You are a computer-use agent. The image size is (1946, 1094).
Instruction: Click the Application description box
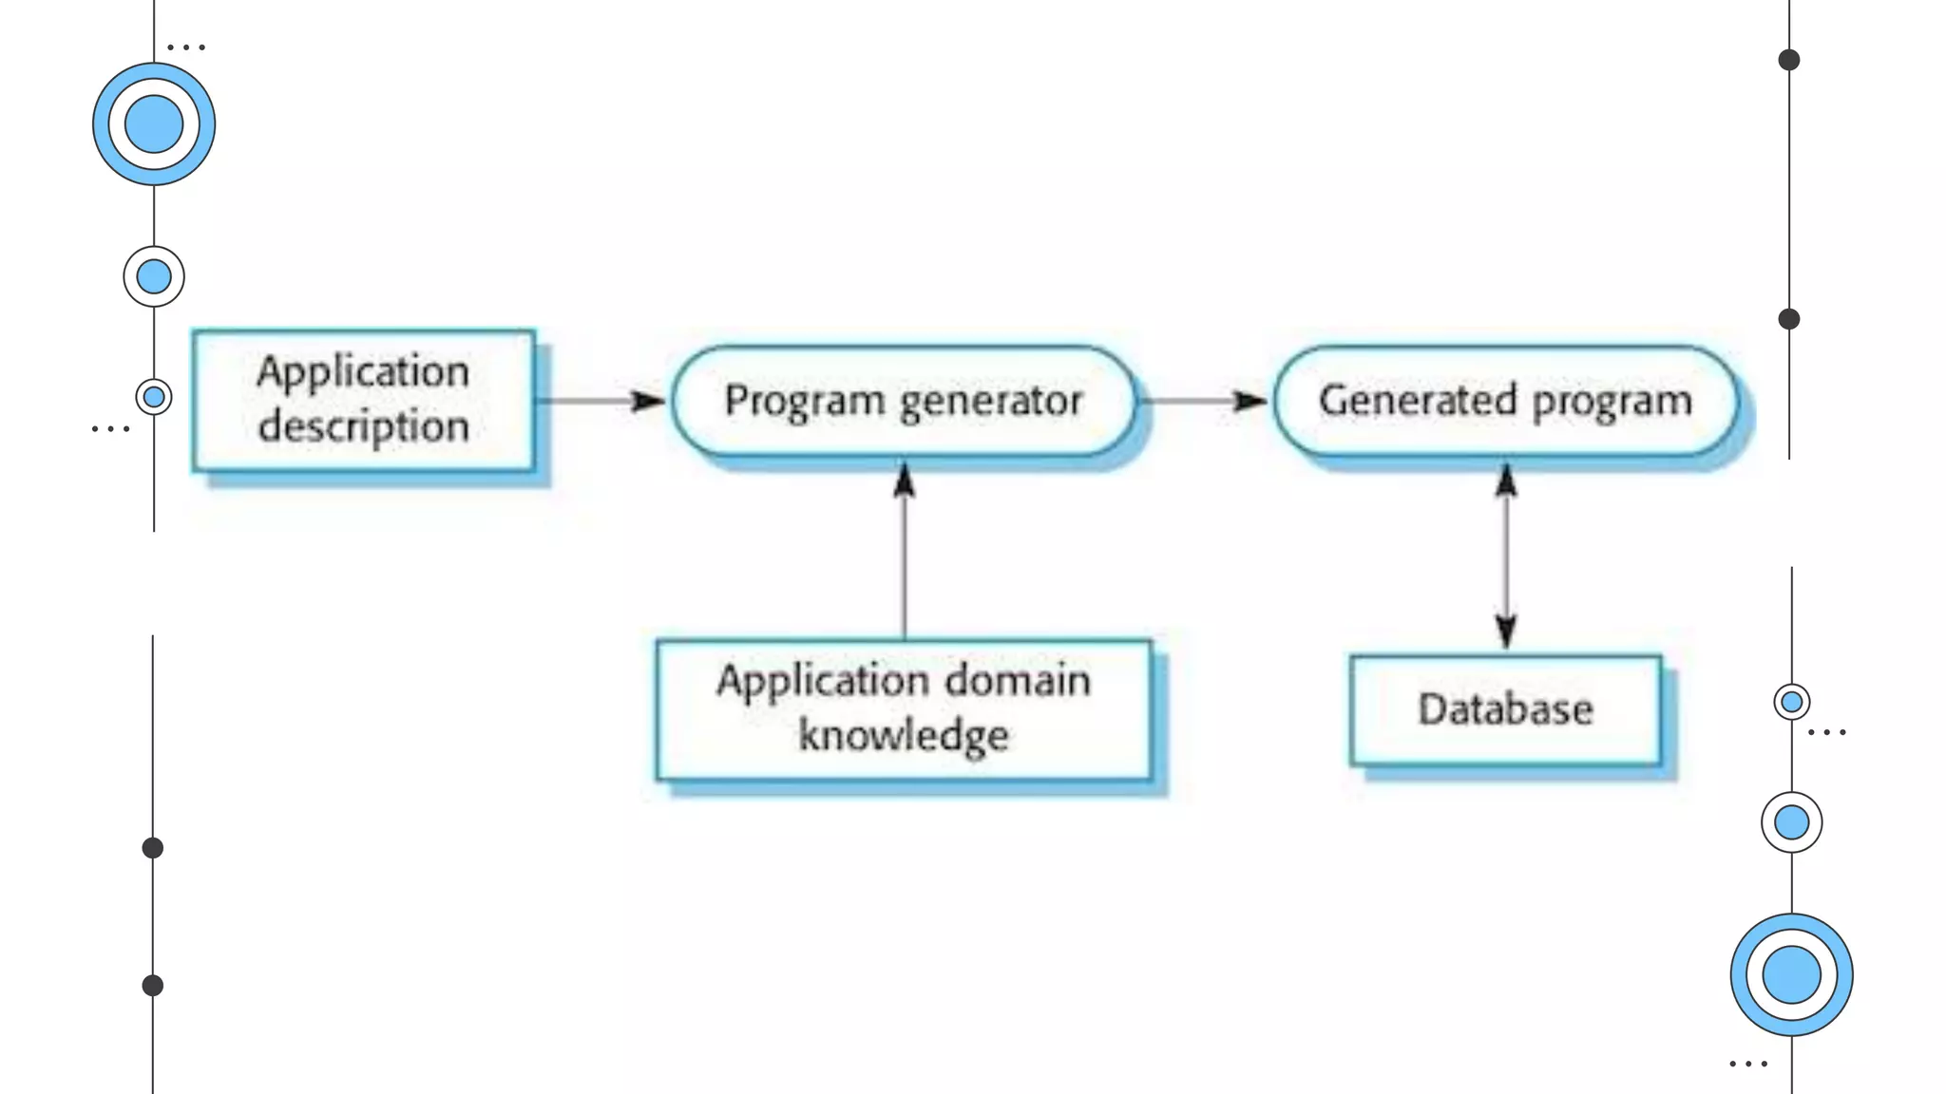pyautogui.click(x=363, y=400)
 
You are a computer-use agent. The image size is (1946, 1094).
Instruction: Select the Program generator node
pyautogui.click(x=903, y=401)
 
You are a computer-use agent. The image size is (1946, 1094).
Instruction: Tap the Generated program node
pyautogui.click(x=1505, y=401)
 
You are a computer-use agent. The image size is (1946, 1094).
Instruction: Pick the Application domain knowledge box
pyautogui.click(x=903, y=709)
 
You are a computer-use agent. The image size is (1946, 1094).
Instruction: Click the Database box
pyautogui.click(x=1505, y=709)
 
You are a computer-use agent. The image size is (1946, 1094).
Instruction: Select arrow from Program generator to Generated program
pyautogui.click(x=1202, y=401)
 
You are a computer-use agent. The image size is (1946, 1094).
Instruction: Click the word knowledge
pyautogui.click(x=903, y=736)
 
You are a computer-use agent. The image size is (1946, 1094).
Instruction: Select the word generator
pyautogui.click(x=991, y=402)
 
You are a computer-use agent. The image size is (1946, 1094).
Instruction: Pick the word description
pyautogui.click(x=364, y=427)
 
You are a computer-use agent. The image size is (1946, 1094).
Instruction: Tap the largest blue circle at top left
pyautogui.click(x=154, y=124)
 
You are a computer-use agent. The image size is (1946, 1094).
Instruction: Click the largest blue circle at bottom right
pyautogui.click(x=1791, y=974)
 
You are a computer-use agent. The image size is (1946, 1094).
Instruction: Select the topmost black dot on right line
pyautogui.click(x=1789, y=60)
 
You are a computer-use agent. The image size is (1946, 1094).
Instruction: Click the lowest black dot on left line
pyautogui.click(x=153, y=986)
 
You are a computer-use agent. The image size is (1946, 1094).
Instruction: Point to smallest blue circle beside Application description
pyautogui.click(x=154, y=397)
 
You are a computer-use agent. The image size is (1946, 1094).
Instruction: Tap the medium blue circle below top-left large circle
pyautogui.click(x=154, y=276)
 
